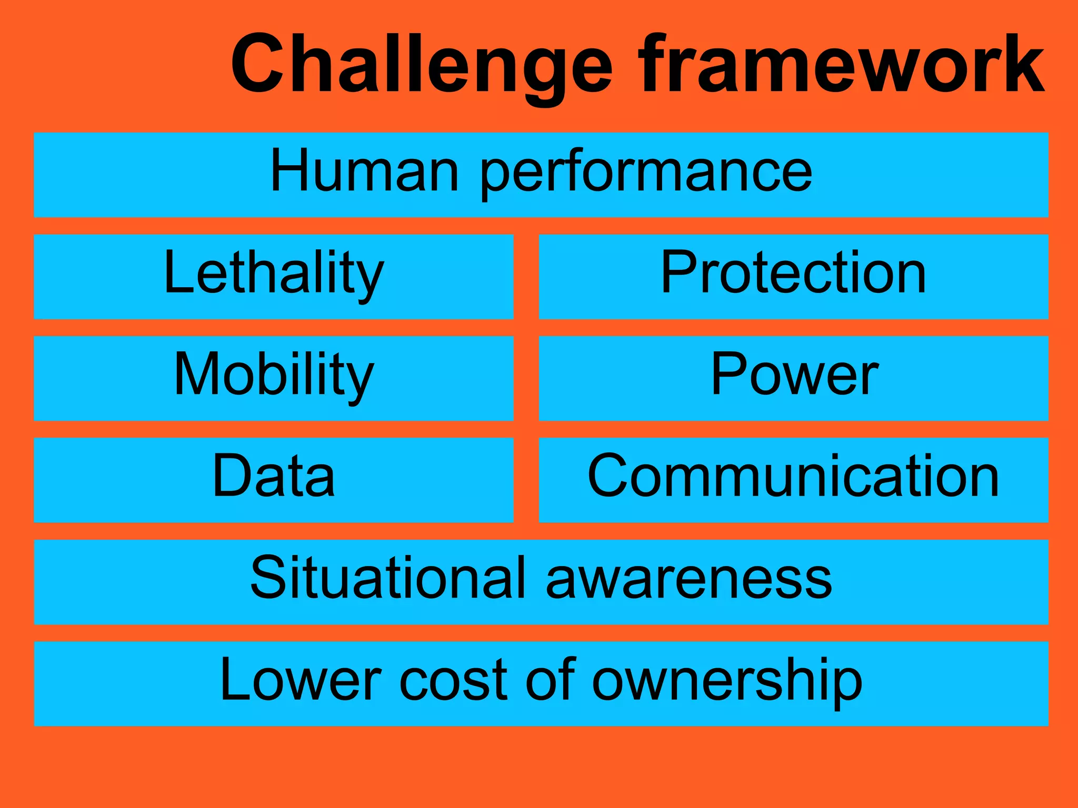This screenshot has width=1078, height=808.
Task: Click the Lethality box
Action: point(273,276)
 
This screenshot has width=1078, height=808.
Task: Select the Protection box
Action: point(793,276)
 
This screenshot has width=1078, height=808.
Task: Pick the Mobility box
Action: point(273,378)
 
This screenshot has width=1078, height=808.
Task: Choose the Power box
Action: point(793,378)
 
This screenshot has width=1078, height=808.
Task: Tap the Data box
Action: point(273,479)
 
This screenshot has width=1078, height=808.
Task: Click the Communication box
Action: point(793,479)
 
